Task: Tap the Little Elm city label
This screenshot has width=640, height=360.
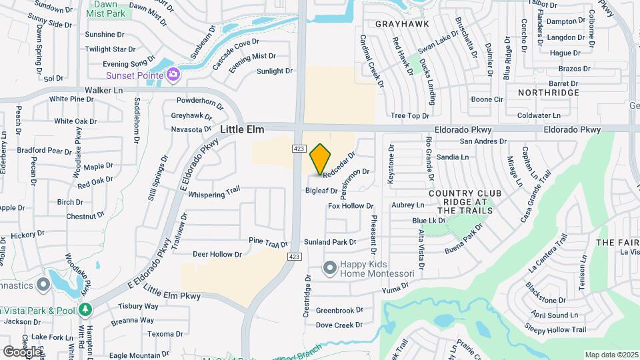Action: tap(243, 129)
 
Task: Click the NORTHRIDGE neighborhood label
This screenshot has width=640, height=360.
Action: tap(549, 93)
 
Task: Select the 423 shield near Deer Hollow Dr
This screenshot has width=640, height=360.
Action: tap(293, 256)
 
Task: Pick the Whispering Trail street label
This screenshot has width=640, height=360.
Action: tap(213, 194)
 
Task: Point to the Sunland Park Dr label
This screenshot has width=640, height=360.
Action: tap(330, 242)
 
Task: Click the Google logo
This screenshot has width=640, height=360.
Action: tap(21, 351)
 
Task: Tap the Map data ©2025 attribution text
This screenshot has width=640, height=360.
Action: tap(611, 355)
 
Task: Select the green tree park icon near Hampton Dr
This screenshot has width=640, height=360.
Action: tap(85, 309)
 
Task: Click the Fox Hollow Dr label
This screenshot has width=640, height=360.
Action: tap(351, 206)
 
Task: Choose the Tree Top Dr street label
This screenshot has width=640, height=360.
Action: tap(409, 116)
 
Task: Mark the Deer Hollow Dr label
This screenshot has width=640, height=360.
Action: tap(217, 254)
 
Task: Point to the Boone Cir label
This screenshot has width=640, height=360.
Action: tap(487, 100)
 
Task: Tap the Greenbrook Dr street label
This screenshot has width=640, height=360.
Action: tap(339, 310)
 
